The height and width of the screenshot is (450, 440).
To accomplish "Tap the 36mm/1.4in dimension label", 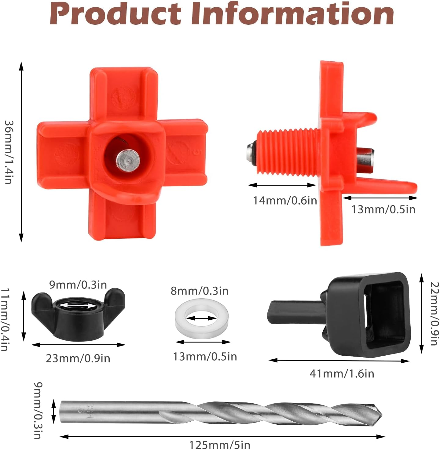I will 9,152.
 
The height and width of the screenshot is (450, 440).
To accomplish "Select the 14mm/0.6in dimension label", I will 285,201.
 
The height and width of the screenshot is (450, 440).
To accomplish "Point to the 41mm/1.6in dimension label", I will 342,374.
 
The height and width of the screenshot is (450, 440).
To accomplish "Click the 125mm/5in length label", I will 220,445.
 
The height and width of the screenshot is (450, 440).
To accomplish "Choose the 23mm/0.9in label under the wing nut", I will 78,358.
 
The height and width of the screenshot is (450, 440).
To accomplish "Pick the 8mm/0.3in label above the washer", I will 200,291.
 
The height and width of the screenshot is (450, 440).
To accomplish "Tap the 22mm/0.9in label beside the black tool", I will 434,313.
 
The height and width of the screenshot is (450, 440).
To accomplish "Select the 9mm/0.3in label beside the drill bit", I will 38,410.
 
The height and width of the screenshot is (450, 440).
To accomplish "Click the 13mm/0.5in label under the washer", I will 205,357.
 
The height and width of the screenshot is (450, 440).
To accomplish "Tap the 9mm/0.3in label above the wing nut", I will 78,285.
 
